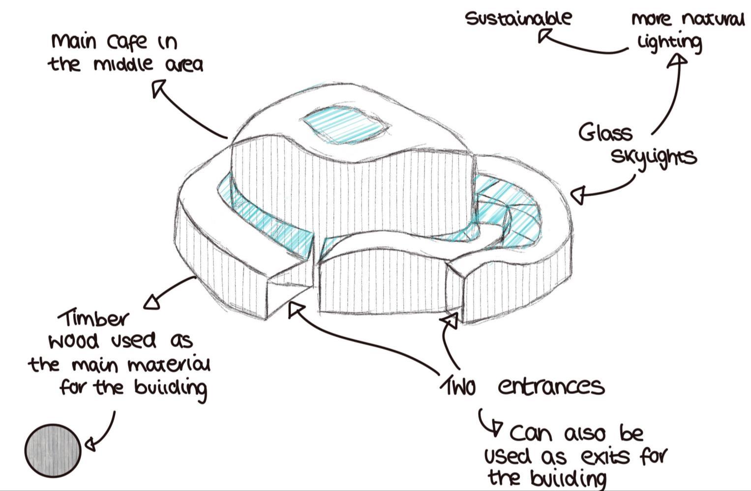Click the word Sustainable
pyautogui.click(x=518, y=18)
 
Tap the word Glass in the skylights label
pyautogui.click(x=605, y=133)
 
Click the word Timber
pyautogui.click(x=93, y=318)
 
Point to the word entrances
pyautogui.click(x=551, y=386)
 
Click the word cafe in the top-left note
pyautogui.click(x=127, y=42)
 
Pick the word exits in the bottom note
pyautogui.click(x=605, y=457)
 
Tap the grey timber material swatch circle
pyautogui.click(x=53, y=450)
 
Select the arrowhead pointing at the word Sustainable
pyautogui.click(x=543, y=35)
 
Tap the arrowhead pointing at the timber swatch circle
pyautogui.click(x=90, y=444)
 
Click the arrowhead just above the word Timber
pyautogui.click(x=152, y=301)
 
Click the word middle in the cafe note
pyautogui.click(x=123, y=64)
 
